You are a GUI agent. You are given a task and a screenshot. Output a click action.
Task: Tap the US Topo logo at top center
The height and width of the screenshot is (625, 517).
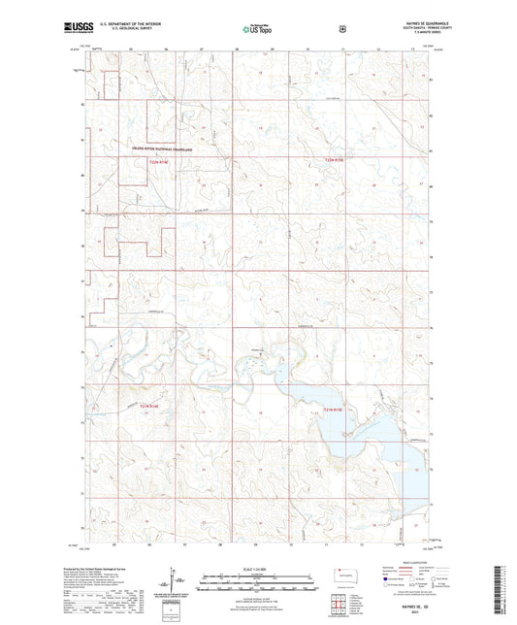(257, 30)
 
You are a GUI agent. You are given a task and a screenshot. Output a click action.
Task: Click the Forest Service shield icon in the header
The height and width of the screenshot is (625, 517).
(342, 29)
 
